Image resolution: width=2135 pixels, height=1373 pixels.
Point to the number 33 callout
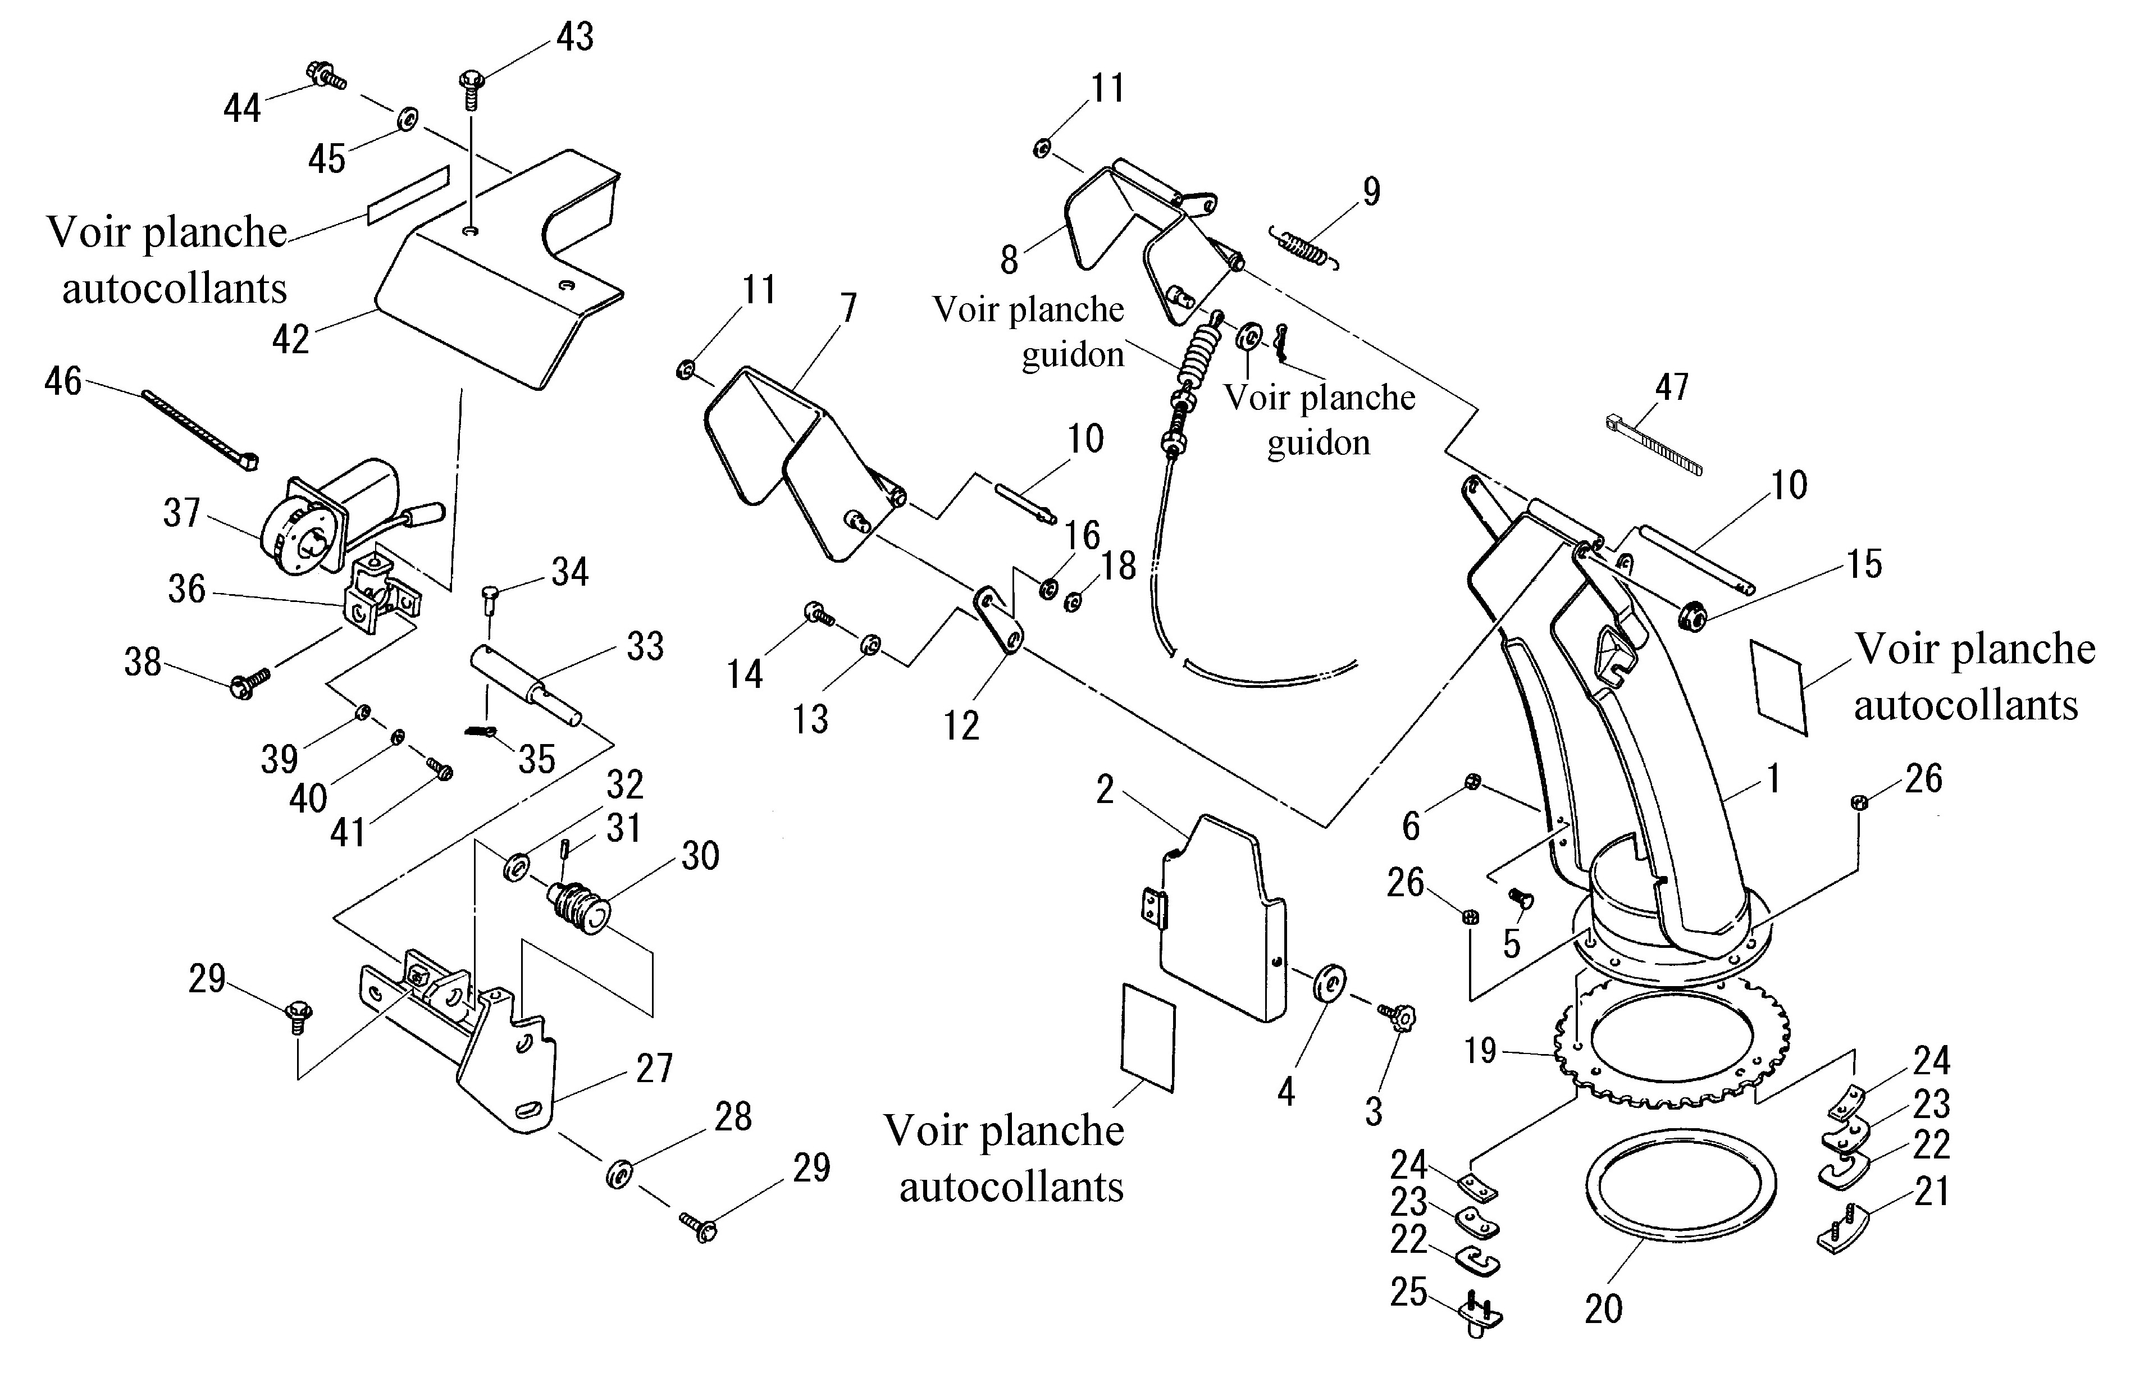click(645, 646)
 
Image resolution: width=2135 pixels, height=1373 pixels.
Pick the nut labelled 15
click(1690, 615)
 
